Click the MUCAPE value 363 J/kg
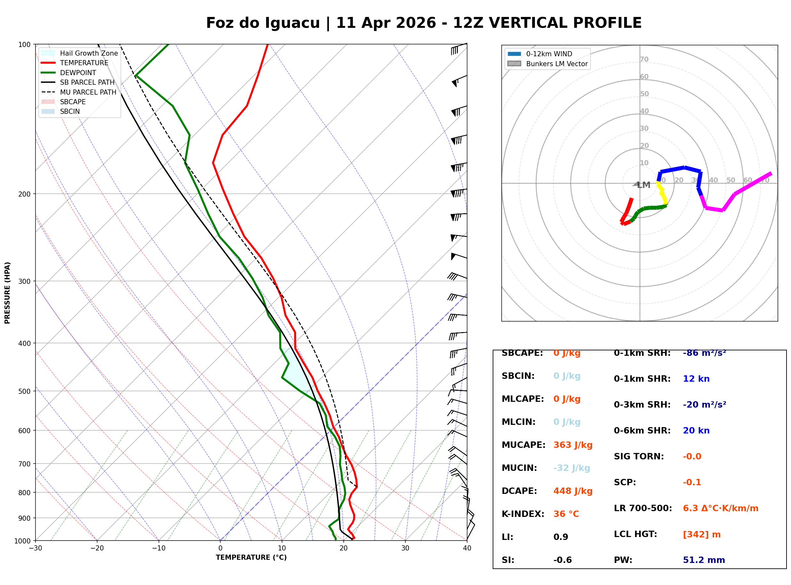click(x=573, y=445)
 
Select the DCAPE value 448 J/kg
click(x=573, y=491)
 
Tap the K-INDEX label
click(x=523, y=514)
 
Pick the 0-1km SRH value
click(x=704, y=353)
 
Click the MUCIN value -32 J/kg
click(x=571, y=468)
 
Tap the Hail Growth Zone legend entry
click(x=89, y=53)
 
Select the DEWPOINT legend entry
click(x=78, y=73)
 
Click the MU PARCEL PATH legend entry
click(x=88, y=92)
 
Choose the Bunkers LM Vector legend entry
click(x=556, y=64)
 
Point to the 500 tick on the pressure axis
click(x=25, y=391)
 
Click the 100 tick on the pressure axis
click(x=25, y=44)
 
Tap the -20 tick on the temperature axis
click(x=97, y=548)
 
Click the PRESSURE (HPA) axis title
click(x=7, y=292)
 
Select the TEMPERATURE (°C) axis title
click(x=251, y=558)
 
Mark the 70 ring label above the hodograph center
click(x=644, y=59)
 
